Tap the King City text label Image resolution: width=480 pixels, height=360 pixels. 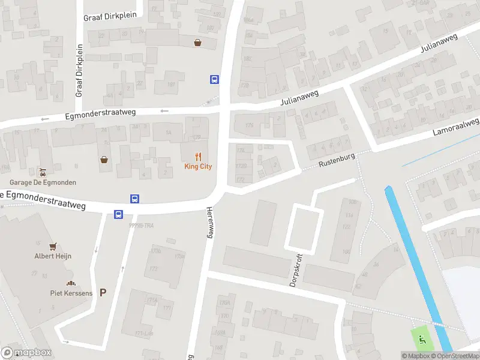pyautogui.click(x=198, y=166)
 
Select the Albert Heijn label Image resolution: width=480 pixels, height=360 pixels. pyautogui.click(x=53, y=256)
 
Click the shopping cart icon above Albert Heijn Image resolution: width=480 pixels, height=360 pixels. pyautogui.click(x=53, y=245)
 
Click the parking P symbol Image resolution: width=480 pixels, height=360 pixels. pyautogui.click(x=103, y=293)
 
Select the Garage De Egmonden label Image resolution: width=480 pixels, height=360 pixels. pyautogui.click(x=43, y=182)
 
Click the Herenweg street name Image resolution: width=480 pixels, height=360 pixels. pyautogui.click(x=210, y=222)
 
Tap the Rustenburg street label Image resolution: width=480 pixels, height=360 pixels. pyautogui.click(x=337, y=160)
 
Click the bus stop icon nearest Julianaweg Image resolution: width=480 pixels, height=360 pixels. pyautogui.click(x=214, y=79)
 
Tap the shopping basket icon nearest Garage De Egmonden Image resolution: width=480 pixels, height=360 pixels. pyautogui.click(x=104, y=160)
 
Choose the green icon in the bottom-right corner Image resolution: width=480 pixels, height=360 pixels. pyautogui.click(x=422, y=339)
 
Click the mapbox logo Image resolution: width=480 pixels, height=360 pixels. pyautogui.click(x=26, y=353)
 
